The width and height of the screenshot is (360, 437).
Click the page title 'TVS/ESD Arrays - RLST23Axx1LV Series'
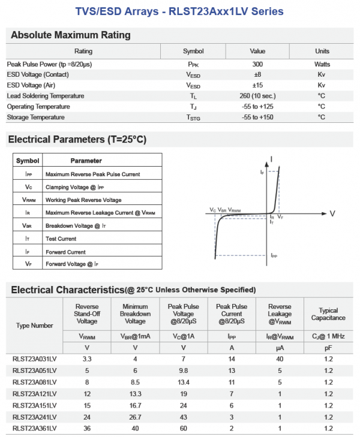(179, 11)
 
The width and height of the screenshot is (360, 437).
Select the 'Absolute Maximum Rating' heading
(71, 35)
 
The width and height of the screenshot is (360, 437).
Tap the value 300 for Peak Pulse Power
(257, 64)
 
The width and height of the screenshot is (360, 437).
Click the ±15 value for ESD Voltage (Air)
(257, 85)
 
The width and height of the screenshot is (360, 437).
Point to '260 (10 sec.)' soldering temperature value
(257, 96)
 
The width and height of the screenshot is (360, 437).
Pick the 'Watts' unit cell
(322, 64)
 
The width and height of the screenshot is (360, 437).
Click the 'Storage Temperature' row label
(35, 117)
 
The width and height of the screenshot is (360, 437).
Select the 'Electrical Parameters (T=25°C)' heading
(77, 140)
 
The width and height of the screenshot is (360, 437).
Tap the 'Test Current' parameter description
(61, 239)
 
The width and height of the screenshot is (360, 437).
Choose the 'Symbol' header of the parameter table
(28, 161)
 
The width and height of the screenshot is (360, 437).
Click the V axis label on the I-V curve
(332, 213)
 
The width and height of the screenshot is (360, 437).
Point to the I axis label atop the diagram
(272, 159)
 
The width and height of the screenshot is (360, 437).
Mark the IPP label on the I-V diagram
(274, 255)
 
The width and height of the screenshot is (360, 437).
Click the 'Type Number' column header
(34, 326)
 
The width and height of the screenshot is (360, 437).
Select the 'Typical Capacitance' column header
(328, 314)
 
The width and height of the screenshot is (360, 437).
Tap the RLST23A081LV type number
(34, 382)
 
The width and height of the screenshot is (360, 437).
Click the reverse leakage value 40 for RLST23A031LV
(280, 359)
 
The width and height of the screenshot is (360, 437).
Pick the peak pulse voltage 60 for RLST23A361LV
(183, 428)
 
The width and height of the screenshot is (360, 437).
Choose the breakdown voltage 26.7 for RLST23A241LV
(135, 417)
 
